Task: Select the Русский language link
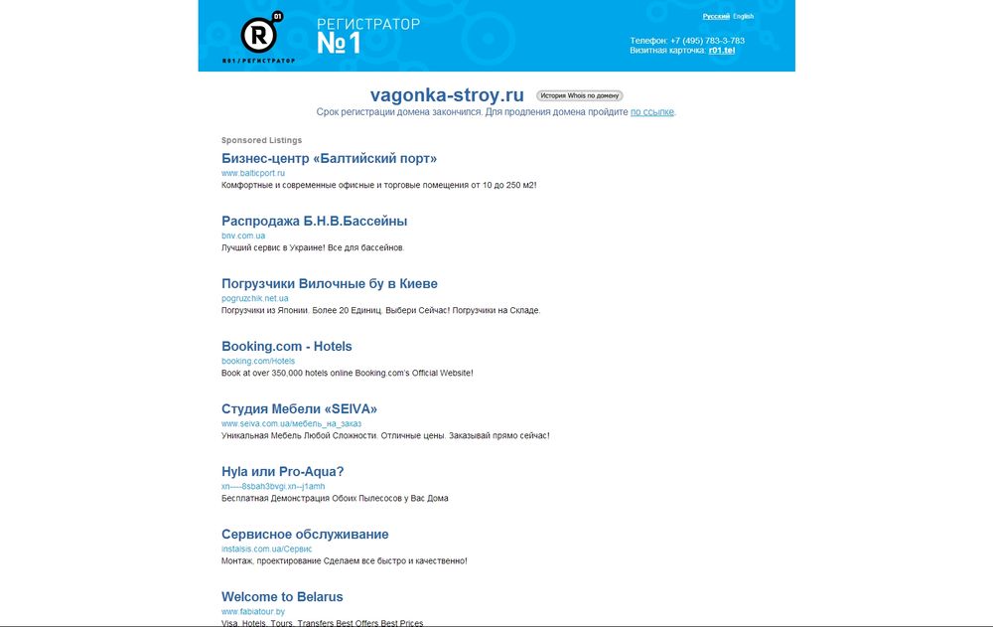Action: click(x=715, y=17)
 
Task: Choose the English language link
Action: click(x=744, y=17)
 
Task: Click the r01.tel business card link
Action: click(x=721, y=50)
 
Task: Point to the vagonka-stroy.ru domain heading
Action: click(x=447, y=95)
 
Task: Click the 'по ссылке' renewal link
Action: click(x=652, y=112)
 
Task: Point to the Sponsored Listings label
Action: click(x=261, y=140)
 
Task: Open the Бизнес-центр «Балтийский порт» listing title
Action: click(x=329, y=158)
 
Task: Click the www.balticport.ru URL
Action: click(x=253, y=173)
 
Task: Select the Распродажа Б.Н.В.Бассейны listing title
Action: click(x=314, y=221)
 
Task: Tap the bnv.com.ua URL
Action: click(x=243, y=235)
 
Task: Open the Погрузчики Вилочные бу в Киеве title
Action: click(x=329, y=283)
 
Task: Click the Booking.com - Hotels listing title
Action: click(x=286, y=346)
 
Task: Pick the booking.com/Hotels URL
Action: click(x=258, y=361)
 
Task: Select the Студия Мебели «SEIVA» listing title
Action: click(x=299, y=408)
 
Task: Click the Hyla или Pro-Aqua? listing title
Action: click(x=282, y=471)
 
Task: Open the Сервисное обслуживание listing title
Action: click(x=305, y=534)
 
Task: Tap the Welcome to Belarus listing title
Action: click(x=282, y=596)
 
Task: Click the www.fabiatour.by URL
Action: click(x=253, y=611)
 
